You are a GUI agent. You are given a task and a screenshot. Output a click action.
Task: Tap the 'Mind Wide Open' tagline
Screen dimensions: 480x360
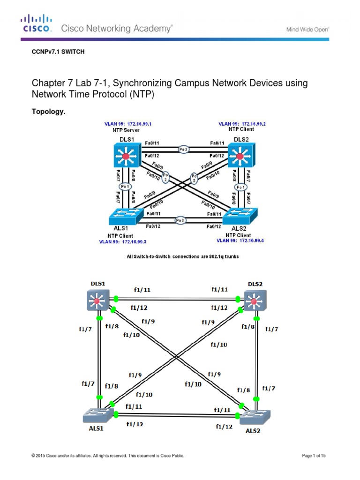coord(307,29)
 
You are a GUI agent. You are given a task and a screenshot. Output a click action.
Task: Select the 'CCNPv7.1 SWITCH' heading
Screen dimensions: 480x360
coord(58,52)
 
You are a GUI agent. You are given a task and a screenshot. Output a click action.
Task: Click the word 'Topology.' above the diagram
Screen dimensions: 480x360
coord(47,112)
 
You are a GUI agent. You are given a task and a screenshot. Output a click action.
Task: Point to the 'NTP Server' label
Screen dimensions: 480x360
coord(126,130)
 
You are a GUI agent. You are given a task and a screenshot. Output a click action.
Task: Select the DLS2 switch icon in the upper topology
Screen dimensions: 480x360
coord(241,154)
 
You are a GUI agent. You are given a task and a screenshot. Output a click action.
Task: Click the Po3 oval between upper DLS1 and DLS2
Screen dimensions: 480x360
coord(183,149)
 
